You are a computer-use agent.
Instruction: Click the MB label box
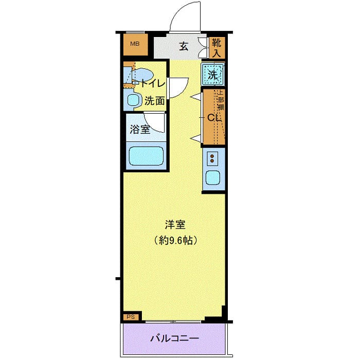(135, 44)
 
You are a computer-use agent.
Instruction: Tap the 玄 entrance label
(183, 46)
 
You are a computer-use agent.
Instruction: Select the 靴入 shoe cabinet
(217, 46)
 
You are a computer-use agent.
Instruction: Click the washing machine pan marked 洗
(213, 74)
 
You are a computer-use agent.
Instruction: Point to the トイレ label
(152, 83)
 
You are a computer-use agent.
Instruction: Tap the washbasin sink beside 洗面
(134, 100)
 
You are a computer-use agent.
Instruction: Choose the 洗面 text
(154, 101)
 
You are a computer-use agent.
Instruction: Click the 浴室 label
(140, 129)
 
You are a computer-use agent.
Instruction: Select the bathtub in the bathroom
(146, 156)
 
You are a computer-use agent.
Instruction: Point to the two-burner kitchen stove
(213, 157)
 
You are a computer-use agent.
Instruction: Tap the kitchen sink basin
(213, 178)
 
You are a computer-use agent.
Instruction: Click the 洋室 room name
(175, 225)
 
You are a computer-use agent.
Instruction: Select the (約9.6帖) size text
(175, 240)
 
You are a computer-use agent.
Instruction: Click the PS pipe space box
(130, 317)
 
